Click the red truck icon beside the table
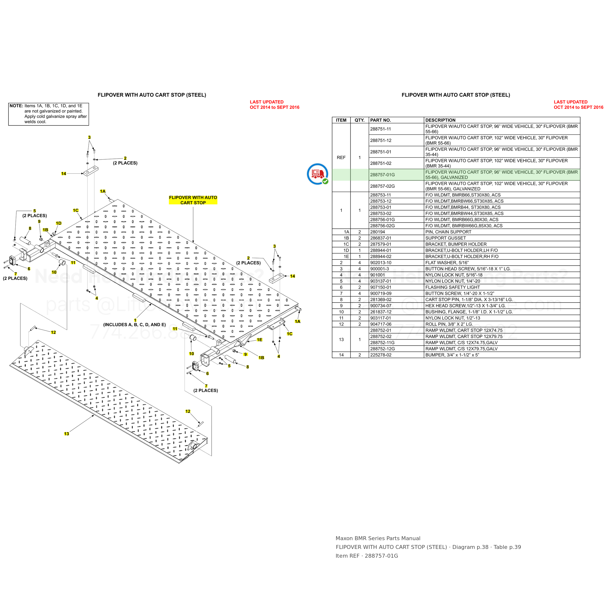(318, 174)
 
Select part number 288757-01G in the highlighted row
(382, 175)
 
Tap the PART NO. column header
(380, 120)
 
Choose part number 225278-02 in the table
(381, 355)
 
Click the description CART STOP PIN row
(469, 300)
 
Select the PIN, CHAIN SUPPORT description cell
(448, 232)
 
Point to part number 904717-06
(381, 324)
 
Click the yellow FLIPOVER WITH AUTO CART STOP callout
(193, 200)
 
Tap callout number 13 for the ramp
(66, 434)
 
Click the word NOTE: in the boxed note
(16, 106)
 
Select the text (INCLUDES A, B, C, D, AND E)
(134, 324)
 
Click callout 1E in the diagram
(259, 340)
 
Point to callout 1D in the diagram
(59, 223)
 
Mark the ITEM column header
(341, 120)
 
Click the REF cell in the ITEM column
(341, 157)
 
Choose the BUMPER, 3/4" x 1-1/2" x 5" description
(452, 355)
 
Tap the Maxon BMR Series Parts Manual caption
(378, 538)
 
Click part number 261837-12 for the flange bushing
(381, 312)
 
